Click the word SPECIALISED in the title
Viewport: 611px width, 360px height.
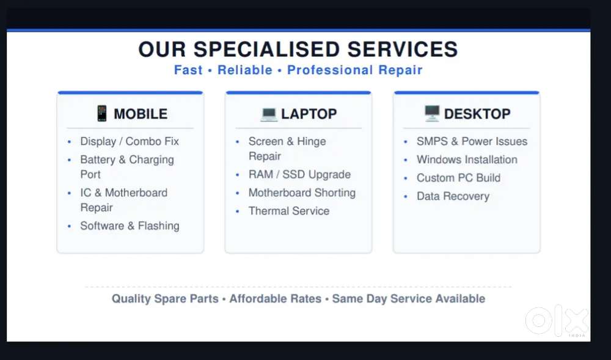point(266,50)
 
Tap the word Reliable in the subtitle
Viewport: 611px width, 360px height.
point(245,70)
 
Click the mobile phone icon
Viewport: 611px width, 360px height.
point(101,113)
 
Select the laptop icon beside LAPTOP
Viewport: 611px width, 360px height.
point(269,114)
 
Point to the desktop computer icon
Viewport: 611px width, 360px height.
point(432,113)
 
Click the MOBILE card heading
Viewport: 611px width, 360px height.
point(141,114)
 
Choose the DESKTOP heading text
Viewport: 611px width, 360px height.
point(477,114)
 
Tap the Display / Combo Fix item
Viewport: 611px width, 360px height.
point(130,141)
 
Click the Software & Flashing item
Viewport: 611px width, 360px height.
point(130,226)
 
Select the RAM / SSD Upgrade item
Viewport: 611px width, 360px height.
point(299,175)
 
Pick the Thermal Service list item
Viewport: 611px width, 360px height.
point(289,211)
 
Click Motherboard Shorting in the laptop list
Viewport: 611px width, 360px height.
point(302,193)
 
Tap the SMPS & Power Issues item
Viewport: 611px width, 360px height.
point(472,141)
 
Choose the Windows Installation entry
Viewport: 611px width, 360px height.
point(467,160)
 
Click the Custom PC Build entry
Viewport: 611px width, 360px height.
point(459,178)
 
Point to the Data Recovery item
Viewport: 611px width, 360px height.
point(453,196)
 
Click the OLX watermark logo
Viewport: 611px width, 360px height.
point(557,321)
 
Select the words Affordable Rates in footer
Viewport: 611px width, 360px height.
point(276,299)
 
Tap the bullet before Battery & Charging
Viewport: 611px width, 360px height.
point(70,160)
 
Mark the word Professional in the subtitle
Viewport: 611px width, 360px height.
point(330,70)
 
